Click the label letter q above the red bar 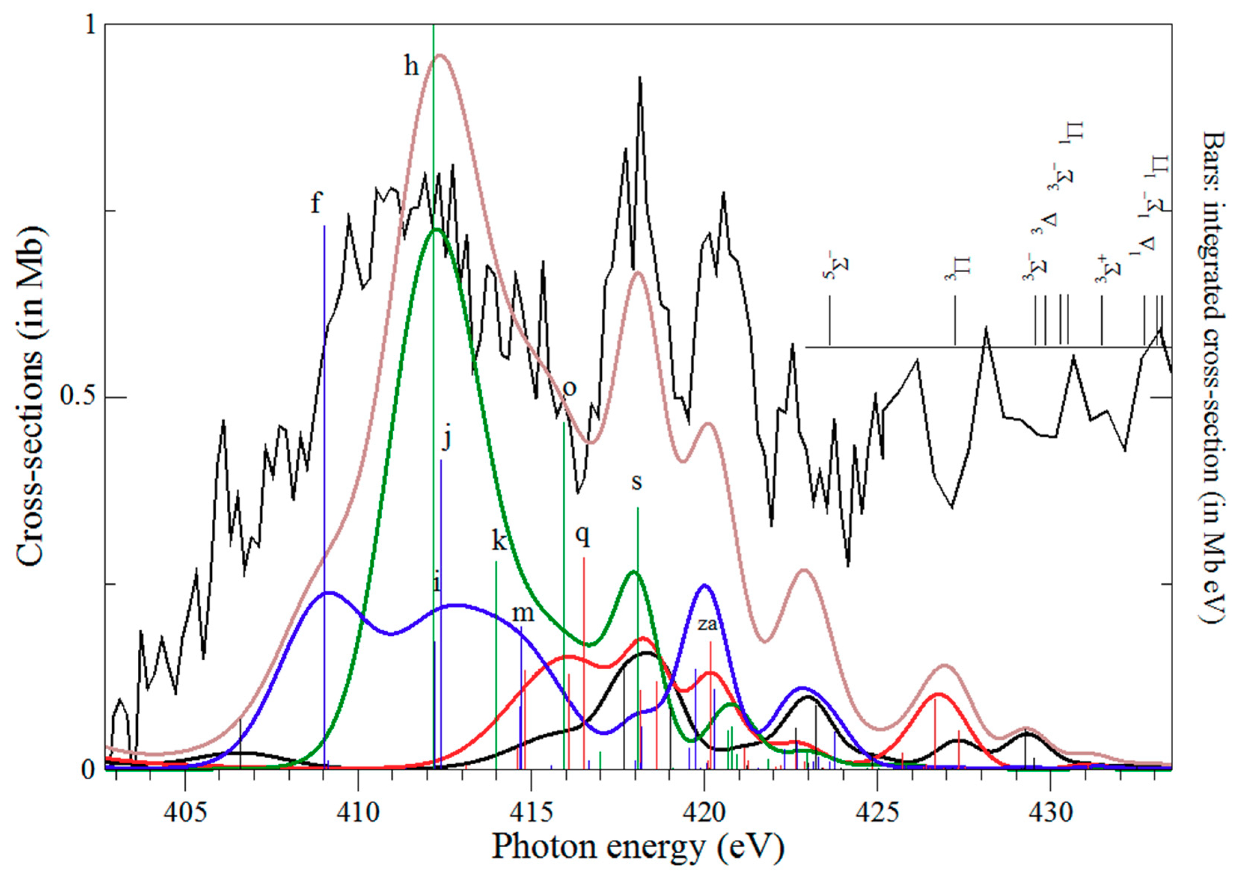[x=582, y=537]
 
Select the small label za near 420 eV [x=707, y=624]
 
